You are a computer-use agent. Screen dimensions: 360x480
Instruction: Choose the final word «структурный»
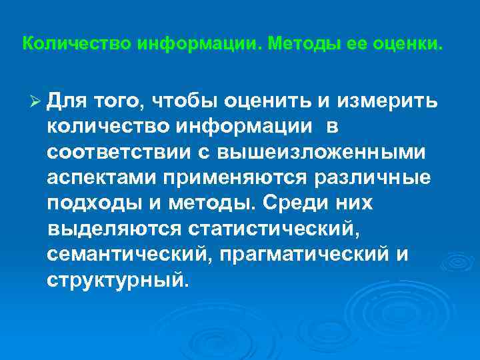(113, 279)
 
